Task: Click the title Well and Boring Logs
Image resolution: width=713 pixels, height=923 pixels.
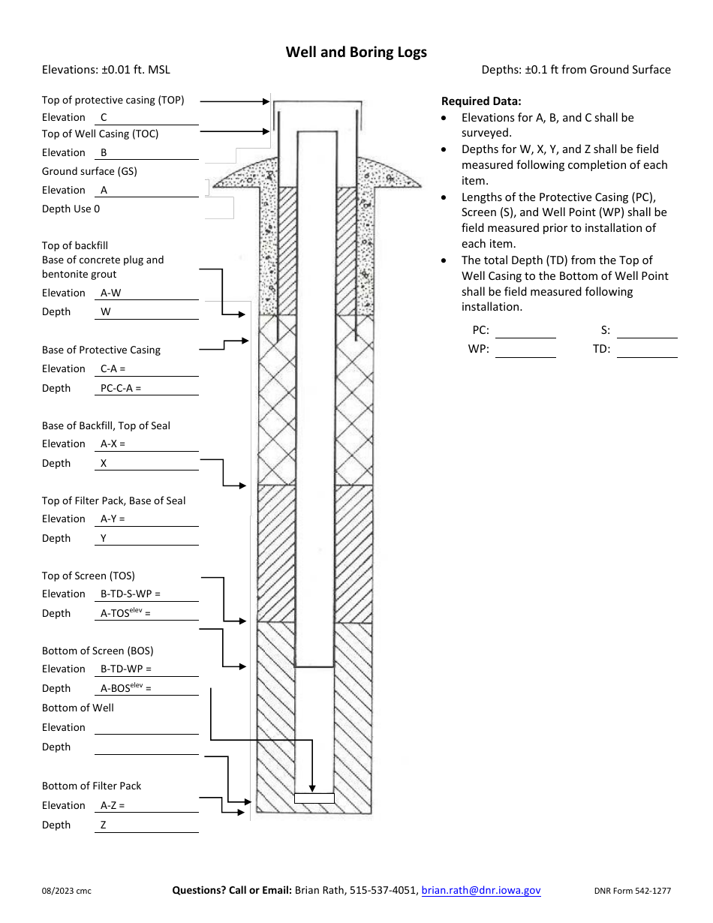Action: point(356,52)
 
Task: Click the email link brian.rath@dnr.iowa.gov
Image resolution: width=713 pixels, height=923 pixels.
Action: point(480,890)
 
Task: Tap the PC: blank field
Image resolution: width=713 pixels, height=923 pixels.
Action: point(525,330)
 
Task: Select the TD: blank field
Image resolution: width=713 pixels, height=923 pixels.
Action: point(647,350)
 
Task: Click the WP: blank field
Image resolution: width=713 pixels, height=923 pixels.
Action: point(525,350)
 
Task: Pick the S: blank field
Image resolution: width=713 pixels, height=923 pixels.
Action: point(647,330)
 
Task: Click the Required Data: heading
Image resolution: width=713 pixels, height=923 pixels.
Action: point(480,101)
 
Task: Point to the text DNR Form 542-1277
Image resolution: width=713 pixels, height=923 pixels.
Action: point(632,891)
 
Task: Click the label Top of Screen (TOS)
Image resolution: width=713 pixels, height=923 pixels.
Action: point(89,576)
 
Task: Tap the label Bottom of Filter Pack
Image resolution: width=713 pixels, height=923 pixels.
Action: point(92,786)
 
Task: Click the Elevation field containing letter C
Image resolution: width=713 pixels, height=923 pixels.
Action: point(146,118)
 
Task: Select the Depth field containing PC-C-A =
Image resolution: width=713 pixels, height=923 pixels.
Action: point(146,389)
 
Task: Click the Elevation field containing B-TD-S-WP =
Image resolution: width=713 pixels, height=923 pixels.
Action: point(146,594)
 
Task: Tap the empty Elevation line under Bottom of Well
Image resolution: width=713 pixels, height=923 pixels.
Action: point(146,727)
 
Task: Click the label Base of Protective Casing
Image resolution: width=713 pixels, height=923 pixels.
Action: point(101,350)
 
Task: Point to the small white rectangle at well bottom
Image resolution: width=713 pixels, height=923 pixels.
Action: point(314,798)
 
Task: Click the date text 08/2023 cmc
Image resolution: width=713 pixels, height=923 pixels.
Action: point(67,891)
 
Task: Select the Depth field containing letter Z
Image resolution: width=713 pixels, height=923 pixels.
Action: point(146,825)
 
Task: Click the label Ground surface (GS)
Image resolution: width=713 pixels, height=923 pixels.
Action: point(89,171)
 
